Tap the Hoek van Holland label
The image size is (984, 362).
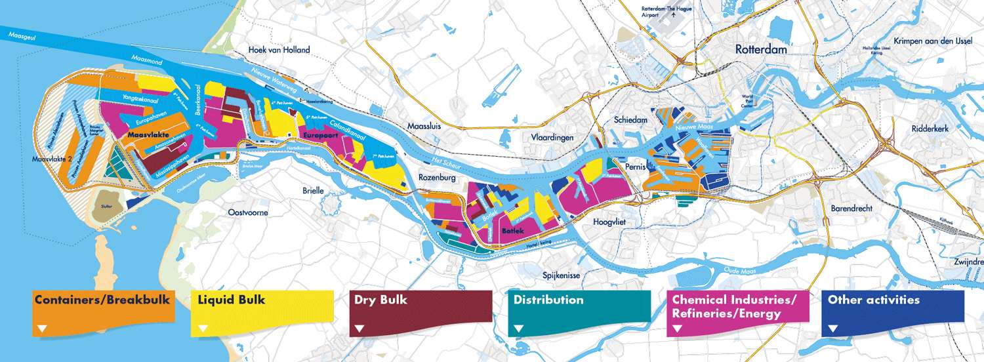pos(279,50)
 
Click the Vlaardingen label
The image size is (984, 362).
pos(552,138)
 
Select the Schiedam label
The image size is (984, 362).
pos(630,120)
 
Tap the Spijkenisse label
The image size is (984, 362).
pos(561,275)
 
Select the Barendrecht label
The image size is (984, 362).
pos(851,209)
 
